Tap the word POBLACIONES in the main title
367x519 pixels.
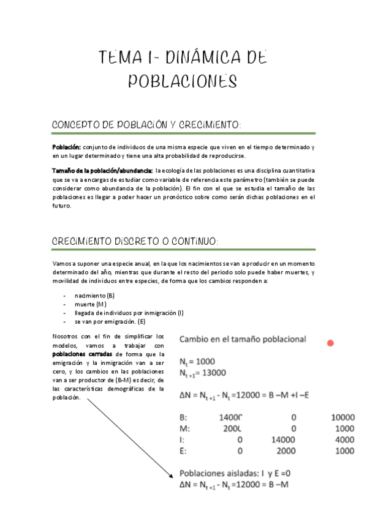pos(183,82)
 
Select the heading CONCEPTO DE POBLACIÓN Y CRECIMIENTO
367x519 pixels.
pos(147,125)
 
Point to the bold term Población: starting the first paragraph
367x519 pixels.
pos(66,147)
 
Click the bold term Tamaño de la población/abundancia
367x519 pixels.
pos(102,170)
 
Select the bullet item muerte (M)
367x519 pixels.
pos(91,304)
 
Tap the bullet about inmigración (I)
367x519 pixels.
pos(129,313)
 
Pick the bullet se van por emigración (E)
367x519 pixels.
pos(110,321)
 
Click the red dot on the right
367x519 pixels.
pos(331,343)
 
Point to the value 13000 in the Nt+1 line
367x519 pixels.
pos(213,373)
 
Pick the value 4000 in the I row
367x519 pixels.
pos(344,439)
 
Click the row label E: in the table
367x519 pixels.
pos(184,451)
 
